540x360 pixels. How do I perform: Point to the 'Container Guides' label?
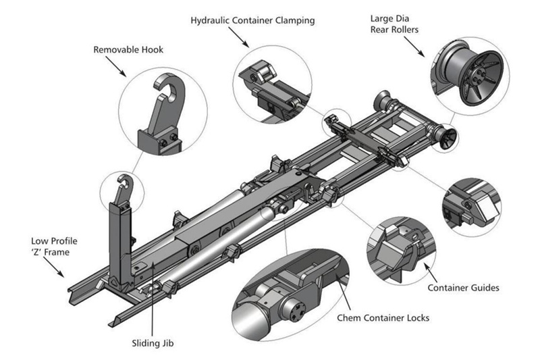(463, 288)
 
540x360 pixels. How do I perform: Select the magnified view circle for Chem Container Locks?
(288, 305)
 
